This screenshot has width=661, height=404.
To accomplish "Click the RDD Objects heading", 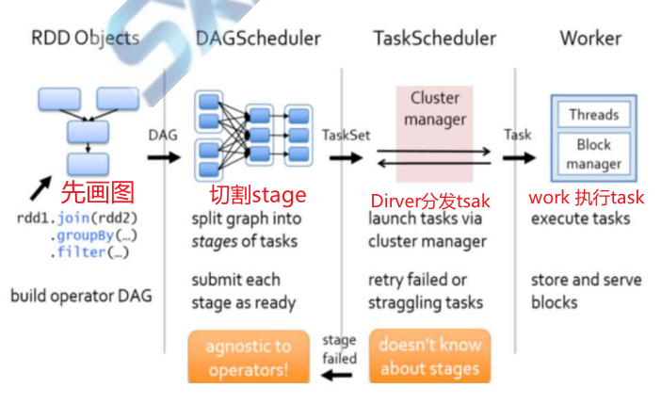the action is coord(85,39).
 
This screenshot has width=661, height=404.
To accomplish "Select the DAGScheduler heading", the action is coord(258,39).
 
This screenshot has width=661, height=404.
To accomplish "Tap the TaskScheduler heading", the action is coord(435,39).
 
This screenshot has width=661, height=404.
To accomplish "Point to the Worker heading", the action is coord(590,39).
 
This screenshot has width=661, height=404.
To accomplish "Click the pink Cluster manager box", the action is coord(435,134).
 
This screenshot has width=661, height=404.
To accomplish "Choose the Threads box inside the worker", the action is coord(594,114).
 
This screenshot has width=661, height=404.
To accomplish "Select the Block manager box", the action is coord(594,154).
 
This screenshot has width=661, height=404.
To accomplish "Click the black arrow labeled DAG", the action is coord(164,157).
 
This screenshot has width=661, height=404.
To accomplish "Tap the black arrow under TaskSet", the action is coord(347,158).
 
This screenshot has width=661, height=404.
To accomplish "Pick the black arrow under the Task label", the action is coord(519,158).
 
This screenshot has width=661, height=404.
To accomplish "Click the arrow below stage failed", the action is coord(336,375).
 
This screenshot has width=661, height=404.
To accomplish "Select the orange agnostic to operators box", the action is coord(249,357).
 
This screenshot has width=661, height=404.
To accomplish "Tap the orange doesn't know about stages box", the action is coord(430,356).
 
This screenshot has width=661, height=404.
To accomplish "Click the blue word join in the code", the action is coord(73,218).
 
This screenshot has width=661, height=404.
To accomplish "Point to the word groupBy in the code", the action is coord(86,235).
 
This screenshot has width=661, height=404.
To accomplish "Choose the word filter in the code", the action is coord(81,252).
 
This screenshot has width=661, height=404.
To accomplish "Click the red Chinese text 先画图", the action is coord(97,192).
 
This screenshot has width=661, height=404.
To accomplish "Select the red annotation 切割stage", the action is coord(258,195).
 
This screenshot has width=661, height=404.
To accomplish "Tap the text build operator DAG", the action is coord(81,296).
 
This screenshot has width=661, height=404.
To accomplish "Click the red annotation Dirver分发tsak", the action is coord(430,201).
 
